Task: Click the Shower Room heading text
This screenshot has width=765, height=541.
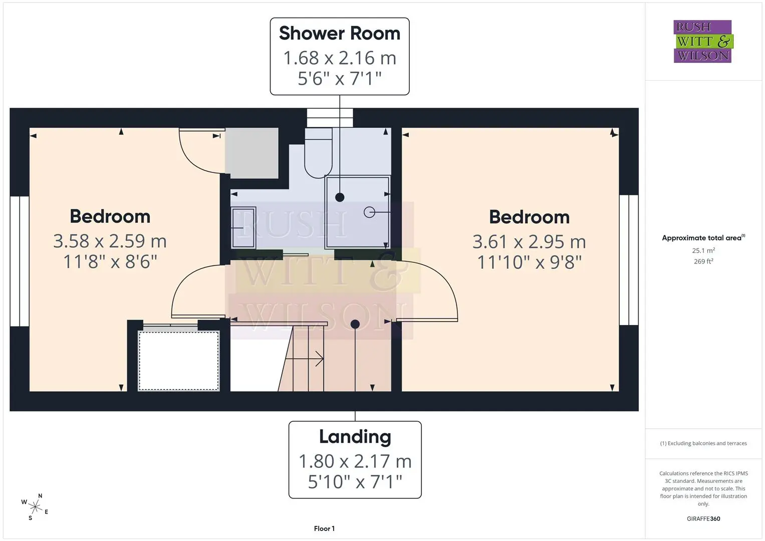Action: [x=340, y=34]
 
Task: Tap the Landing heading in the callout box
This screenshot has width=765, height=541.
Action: [x=355, y=437]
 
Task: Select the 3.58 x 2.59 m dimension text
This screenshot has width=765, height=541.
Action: [x=110, y=241]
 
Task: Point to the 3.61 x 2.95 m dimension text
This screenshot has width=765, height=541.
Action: [x=530, y=242]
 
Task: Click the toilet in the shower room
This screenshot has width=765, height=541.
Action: [x=318, y=153]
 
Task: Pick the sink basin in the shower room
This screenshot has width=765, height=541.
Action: [x=243, y=227]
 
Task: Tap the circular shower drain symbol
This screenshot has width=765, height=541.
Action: [x=369, y=212]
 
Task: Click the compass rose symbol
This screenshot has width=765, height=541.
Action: [x=35, y=507]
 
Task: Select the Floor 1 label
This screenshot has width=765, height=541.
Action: [x=324, y=528]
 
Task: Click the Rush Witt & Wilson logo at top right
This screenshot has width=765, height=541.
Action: [x=703, y=41]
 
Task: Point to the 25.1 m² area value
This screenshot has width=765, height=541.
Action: [x=703, y=250]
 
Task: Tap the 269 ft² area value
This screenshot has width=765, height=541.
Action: [x=703, y=261]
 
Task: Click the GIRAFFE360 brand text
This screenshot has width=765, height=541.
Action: [x=703, y=518]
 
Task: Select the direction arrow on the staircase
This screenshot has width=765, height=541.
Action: [x=305, y=359]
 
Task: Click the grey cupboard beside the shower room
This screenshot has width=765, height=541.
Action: [x=251, y=153]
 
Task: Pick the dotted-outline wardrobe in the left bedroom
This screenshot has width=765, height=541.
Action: [x=179, y=361]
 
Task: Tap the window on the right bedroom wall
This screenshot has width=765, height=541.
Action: [x=629, y=260]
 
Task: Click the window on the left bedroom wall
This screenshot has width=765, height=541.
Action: [x=20, y=261]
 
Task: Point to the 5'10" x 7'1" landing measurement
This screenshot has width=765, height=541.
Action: [x=355, y=482]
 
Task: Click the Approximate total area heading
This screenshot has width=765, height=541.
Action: [x=703, y=238]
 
